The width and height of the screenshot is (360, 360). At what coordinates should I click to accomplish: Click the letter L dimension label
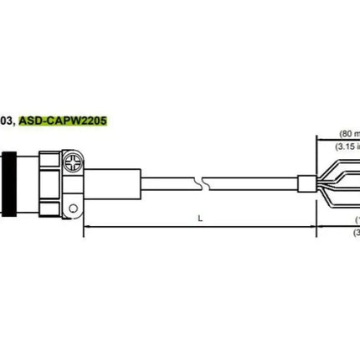tap(199, 218)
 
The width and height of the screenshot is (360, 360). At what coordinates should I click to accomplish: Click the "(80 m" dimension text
tap(347, 133)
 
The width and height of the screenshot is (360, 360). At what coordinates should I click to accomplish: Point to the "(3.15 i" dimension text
tap(347, 147)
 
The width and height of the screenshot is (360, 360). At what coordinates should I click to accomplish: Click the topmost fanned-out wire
tap(339, 164)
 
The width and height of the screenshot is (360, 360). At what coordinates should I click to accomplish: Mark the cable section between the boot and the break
tap(159, 179)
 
